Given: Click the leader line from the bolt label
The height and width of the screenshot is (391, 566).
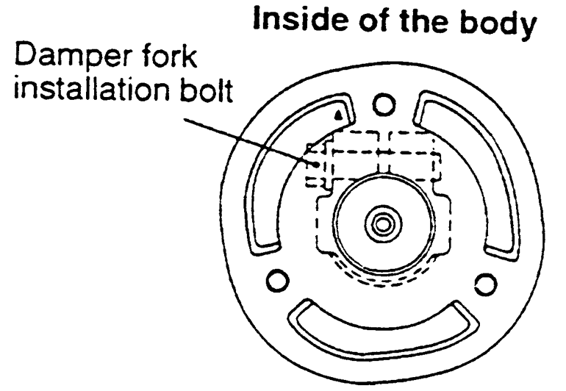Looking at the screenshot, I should pyautogui.click(x=243, y=136).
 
